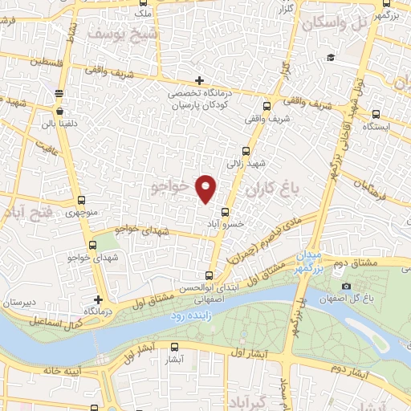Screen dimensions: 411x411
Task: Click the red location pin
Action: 206,187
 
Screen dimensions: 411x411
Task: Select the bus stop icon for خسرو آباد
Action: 224,214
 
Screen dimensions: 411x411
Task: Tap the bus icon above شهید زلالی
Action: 246,150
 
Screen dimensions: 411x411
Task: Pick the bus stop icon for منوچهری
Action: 80,201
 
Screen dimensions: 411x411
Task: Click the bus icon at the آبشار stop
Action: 175,347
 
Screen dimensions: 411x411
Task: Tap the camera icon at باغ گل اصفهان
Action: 346,287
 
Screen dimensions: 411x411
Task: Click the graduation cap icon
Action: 330,57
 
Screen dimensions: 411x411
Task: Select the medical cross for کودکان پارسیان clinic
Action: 199,80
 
